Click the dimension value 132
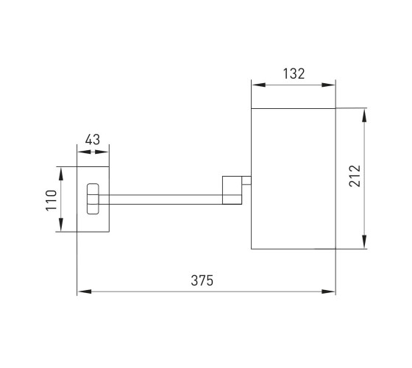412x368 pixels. coord(294,74)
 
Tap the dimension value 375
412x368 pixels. coord(202,280)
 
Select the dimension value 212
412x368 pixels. coord(355,176)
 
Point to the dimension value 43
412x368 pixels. coord(93,140)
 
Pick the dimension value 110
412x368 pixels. coord(51,200)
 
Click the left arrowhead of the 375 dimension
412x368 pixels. coord(85,291)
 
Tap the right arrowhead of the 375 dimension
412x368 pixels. coord(328,291)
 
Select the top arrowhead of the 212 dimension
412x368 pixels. coord(364,116)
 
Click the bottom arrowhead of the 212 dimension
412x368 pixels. coord(364,242)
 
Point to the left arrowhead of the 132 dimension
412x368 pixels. coord(259,85)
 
